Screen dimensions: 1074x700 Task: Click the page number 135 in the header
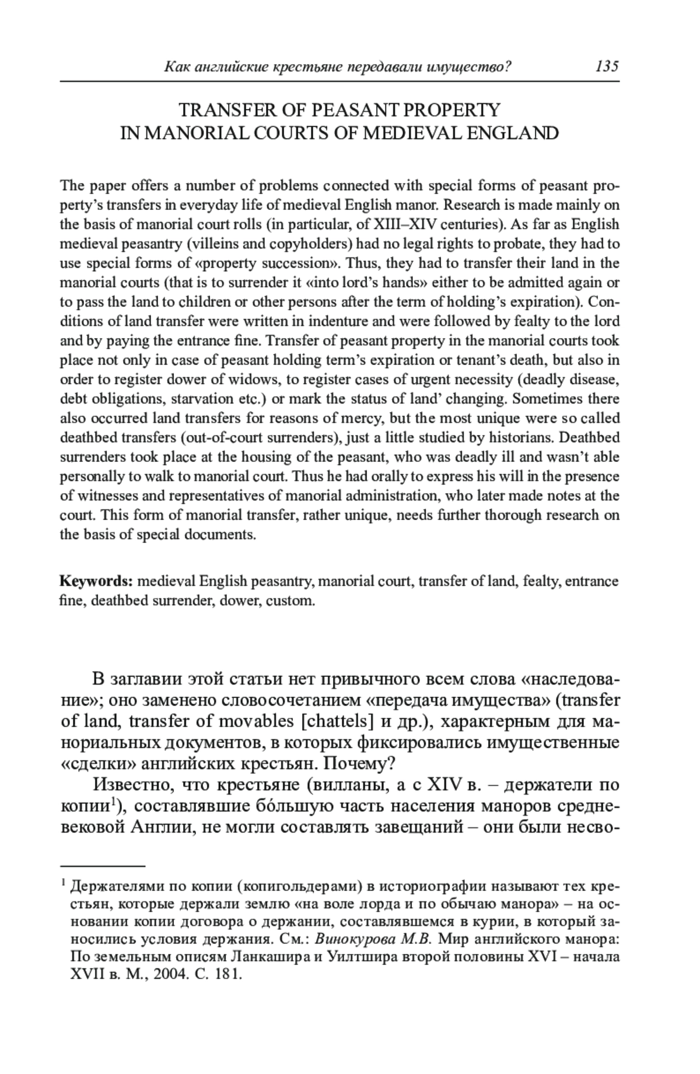(607, 66)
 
